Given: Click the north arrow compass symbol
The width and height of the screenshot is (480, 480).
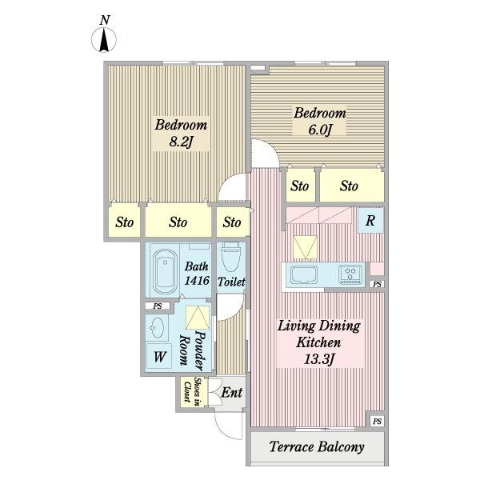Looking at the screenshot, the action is [104, 39].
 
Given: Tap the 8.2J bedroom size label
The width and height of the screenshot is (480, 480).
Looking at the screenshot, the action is [181, 142].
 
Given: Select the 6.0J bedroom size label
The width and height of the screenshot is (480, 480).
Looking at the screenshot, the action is [320, 130].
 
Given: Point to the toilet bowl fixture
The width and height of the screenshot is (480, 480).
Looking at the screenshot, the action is [230, 257].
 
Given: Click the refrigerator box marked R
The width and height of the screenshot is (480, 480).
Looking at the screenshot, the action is [370, 220].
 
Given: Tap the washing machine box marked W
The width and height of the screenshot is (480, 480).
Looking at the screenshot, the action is [160, 356].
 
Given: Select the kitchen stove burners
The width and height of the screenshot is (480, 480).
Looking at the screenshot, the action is [350, 274].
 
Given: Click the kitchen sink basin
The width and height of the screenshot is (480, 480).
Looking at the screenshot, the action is [304, 274].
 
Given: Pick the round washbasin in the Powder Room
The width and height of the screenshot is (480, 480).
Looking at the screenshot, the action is [158, 328].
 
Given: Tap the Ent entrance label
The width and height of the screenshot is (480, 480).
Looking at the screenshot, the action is [232, 393].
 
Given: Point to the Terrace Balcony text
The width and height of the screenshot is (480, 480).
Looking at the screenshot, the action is [317, 447].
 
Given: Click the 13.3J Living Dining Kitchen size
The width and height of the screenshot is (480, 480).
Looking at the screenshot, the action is [318, 359].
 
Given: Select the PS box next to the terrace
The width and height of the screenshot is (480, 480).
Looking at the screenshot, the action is [377, 422].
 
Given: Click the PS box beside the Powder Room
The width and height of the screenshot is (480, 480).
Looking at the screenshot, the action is [158, 306].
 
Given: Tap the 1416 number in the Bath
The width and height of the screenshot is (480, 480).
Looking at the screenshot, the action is [197, 280].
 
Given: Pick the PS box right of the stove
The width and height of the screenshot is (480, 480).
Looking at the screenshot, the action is [377, 284].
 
